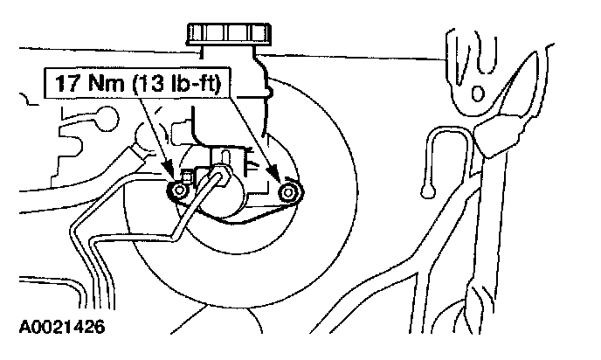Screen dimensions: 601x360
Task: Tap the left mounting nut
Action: coord(180,189)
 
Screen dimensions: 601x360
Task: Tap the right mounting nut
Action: coord(286,192)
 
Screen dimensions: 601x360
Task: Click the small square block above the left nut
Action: coord(185,174)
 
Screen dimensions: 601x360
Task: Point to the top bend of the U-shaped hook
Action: coord(446,130)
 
